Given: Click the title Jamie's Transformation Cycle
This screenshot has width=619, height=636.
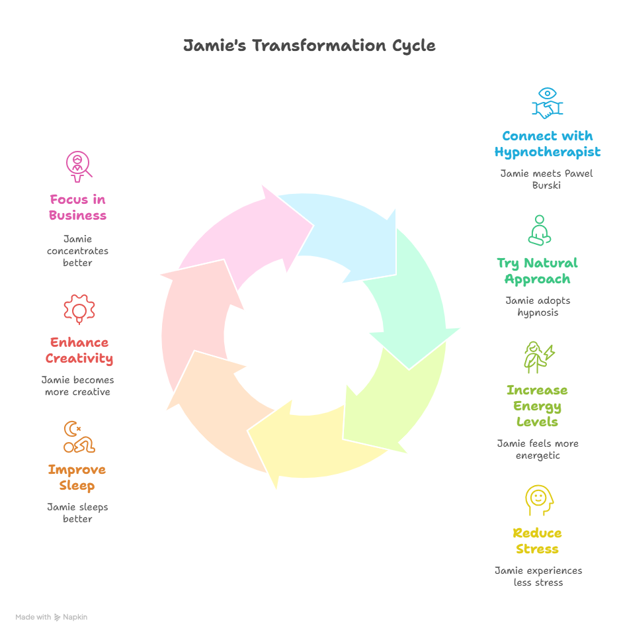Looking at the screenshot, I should pos(309,46).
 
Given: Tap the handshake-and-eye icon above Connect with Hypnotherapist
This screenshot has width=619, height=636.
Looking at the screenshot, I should pos(547,103).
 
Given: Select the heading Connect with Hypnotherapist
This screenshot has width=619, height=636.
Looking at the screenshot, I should pos(547,144).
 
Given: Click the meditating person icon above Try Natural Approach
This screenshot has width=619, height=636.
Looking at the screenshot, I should pos(539,230).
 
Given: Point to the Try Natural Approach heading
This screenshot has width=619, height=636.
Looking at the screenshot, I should pos(537,271).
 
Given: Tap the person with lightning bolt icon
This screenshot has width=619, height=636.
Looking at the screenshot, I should pos(539,357).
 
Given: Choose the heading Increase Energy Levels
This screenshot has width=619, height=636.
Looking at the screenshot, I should pos(537,406).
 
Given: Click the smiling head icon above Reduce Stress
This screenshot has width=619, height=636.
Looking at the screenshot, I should pos(538,501).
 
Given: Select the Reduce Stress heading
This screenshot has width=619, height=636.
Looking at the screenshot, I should pos(537,541).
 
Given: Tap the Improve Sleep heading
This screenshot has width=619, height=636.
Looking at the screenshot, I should pos(77,477).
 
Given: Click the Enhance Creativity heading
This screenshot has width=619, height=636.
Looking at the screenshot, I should pos(79,350).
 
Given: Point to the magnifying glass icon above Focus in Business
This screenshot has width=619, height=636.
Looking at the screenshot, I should pos(79,167).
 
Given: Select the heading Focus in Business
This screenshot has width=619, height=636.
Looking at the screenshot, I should pos(77,207).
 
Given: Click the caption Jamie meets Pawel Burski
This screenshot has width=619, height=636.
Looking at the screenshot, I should pos(546,179).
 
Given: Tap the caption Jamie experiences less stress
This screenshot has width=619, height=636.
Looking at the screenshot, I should pos(538,576).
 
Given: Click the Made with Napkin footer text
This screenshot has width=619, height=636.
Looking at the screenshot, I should pos(51,617).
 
